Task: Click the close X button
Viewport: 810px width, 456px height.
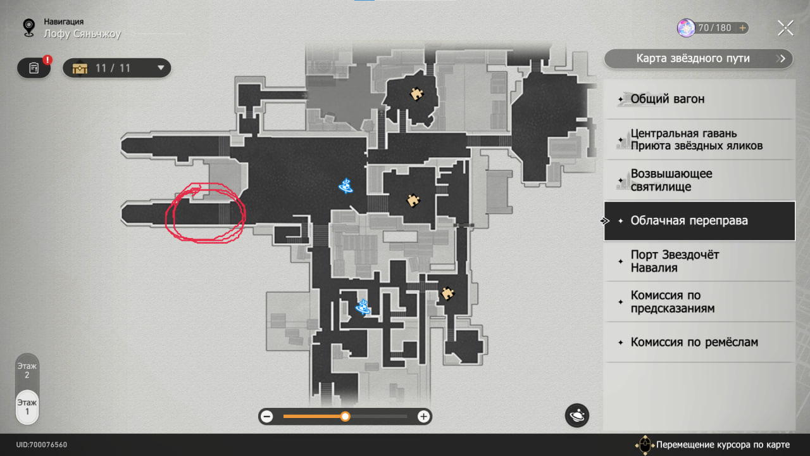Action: [x=785, y=28]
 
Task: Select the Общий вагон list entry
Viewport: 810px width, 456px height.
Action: [x=699, y=99]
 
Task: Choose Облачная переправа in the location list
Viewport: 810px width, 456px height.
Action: [x=699, y=221]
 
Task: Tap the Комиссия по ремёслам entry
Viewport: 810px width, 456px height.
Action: [x=699, y=343]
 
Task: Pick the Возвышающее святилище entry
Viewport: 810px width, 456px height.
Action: [x=699, y=180]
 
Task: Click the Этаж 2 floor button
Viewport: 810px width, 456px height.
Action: [x=27, y=370]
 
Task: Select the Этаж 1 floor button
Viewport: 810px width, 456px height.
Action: [x=27, y=407]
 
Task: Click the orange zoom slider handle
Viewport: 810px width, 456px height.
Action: [x=345, y=416]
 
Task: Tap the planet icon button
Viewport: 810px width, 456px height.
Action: [x=577, y=415]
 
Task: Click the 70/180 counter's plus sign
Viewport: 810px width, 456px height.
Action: [x=742, y=28]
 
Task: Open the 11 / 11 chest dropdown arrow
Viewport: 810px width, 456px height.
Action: [x=161, y=68]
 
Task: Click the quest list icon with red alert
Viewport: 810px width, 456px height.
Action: [x=34, y=68]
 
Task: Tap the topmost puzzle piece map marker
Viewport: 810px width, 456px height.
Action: [x=416, y=94]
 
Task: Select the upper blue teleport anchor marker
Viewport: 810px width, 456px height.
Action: [x=346, y=186]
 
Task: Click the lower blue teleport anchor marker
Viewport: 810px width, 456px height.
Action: [x=363, y=307]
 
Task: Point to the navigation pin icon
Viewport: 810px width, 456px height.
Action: [x=28, y=27]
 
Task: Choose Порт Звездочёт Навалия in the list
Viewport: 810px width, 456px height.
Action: [x=699, y=261]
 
